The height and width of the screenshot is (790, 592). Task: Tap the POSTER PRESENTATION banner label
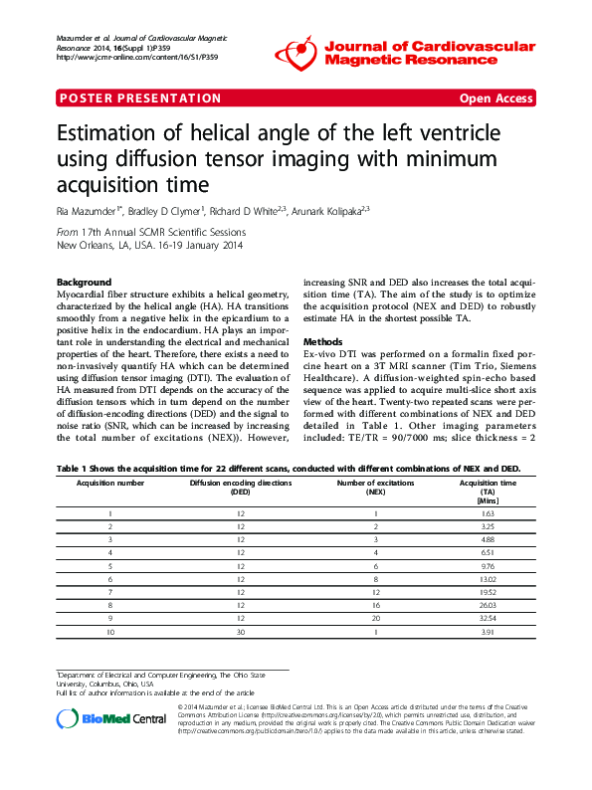point(140,99)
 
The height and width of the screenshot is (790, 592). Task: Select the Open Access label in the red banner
point(495,99)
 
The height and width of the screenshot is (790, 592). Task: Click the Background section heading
point(85,282)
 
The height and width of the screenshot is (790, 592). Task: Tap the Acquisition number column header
point(110,482)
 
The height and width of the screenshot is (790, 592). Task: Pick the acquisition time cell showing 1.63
point(487,512)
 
